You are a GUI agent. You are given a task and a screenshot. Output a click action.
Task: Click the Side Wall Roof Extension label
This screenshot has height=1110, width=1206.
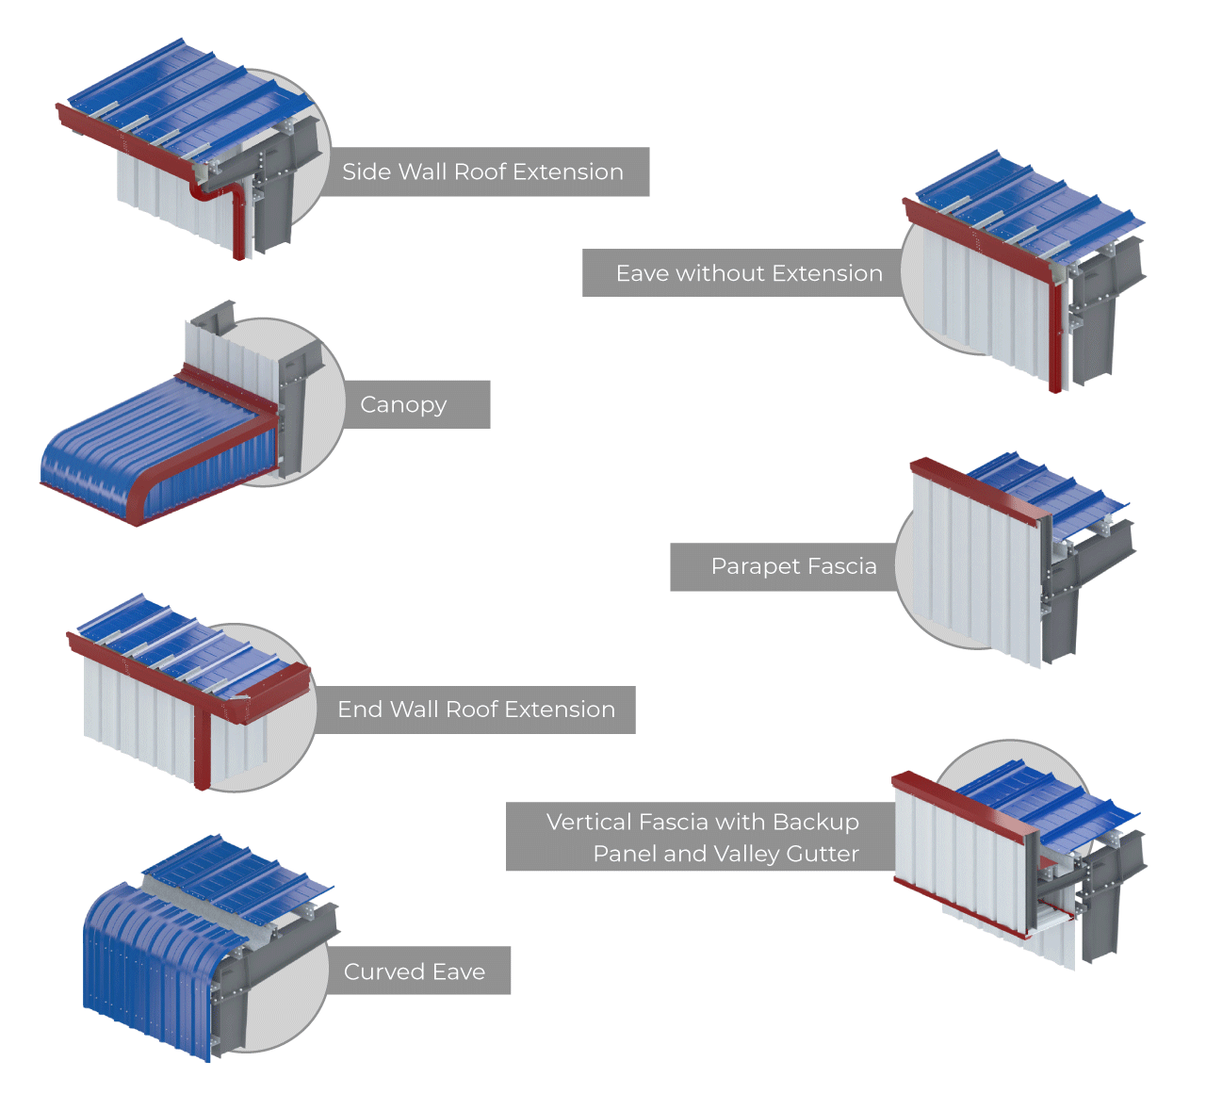click(482, 171)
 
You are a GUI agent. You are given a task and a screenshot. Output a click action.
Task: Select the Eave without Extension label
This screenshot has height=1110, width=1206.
click(749, 273)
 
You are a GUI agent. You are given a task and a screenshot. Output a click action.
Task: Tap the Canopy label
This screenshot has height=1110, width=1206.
click(403, 404)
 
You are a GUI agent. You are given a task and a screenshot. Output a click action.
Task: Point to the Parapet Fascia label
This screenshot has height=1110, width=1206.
click(793, 566)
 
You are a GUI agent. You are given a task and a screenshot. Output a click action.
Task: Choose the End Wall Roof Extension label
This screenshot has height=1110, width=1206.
click(476, 710)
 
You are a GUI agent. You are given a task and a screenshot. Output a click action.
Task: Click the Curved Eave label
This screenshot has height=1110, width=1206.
click(415, 971)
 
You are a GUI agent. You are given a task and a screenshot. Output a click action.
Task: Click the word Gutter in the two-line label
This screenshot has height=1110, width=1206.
click(823, 854)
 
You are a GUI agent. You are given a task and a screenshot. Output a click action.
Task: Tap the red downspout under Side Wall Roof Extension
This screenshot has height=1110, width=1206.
click(238, 226)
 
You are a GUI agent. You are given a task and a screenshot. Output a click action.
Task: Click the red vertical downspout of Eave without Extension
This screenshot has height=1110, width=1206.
click(1055, 339)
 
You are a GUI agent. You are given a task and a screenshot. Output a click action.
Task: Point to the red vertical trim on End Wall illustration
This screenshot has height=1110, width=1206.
click(202, 744)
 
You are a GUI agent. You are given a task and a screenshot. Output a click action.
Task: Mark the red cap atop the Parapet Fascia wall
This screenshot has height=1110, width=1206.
click(980, 486)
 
